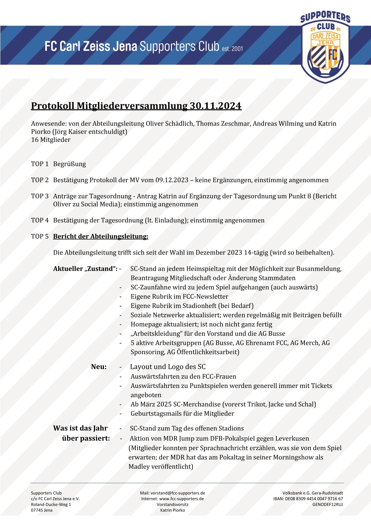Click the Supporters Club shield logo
coord(325,47)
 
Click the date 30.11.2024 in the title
coord(216,106)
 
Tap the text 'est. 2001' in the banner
coord(232,49)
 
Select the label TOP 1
coord(40,164)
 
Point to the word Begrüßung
coord(69,164)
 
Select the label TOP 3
coord(40,196)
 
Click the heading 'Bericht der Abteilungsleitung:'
coord(100,236)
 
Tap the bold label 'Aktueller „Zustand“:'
coord(85,269)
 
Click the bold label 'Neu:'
coord(99,367)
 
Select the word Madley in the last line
coord(139,467)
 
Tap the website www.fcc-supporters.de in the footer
coord(181,499)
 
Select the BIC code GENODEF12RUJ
coord(327,504)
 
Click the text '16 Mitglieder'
coord(51,140)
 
